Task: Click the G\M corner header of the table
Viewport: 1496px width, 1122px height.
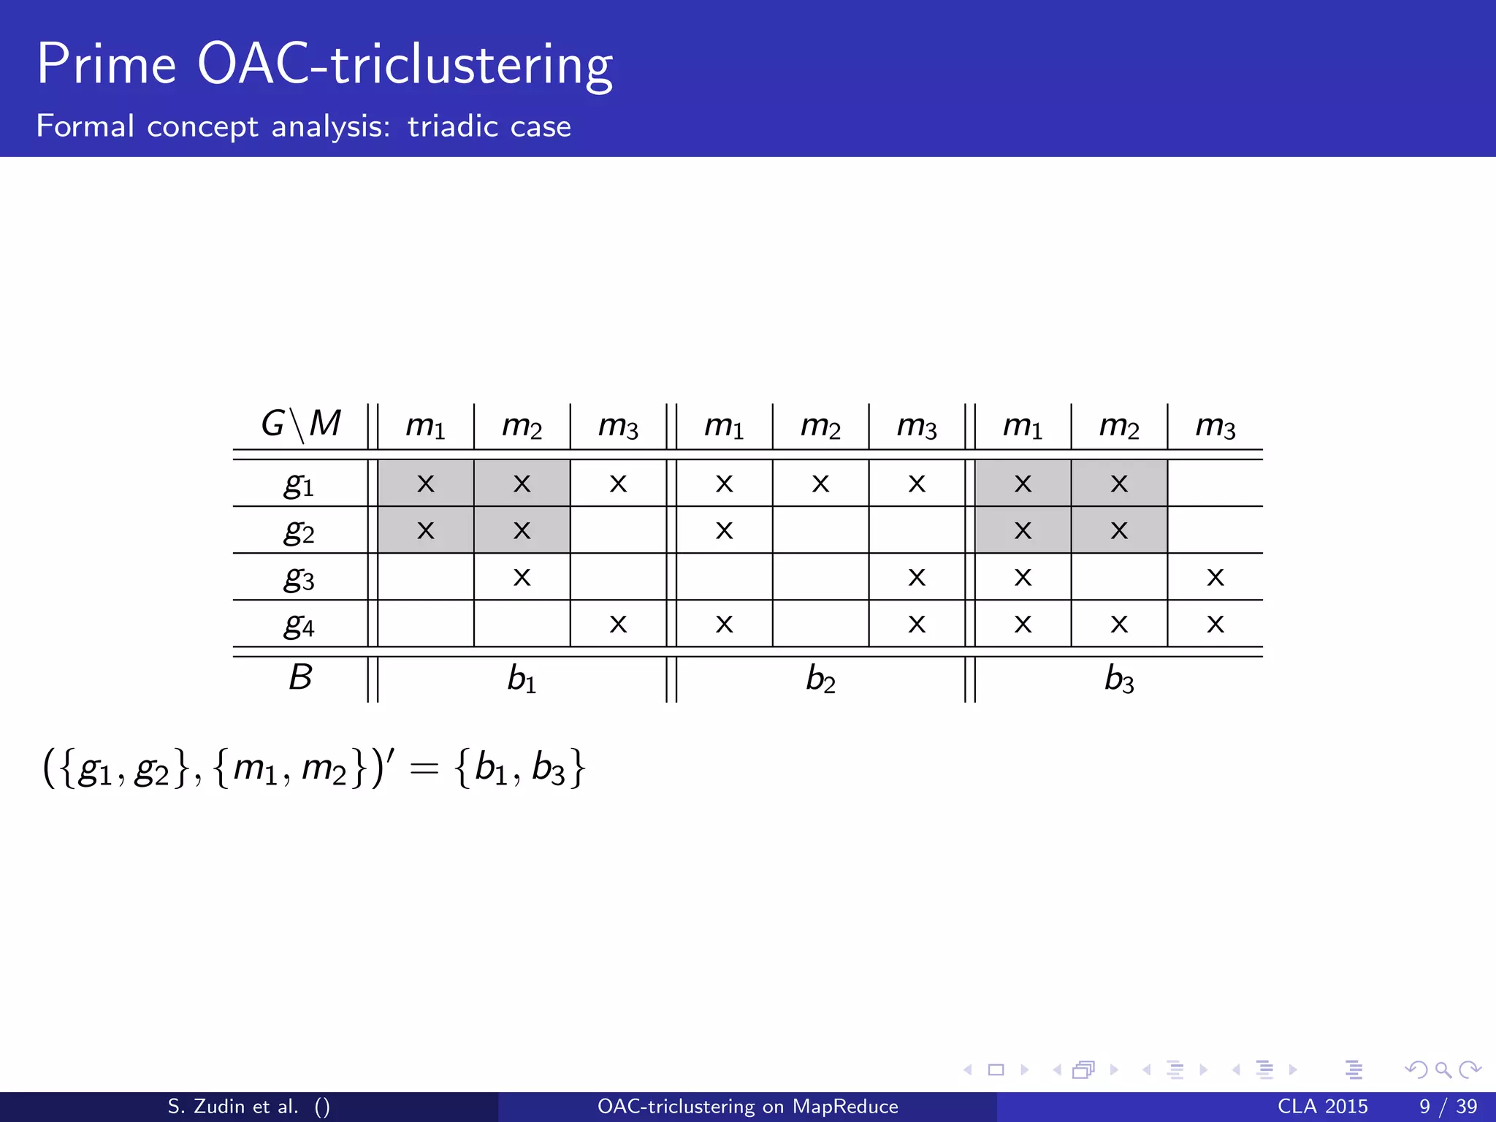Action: click(x=301, y=424)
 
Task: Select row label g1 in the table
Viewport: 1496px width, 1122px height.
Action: click(x=299, y=484)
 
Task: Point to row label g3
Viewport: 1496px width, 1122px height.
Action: click(x=299, y=579)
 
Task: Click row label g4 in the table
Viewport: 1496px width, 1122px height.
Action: click(x=299, y=625)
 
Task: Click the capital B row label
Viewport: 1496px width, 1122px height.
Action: click(x=300, y=677)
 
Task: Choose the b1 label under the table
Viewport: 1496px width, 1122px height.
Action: click(x=522, y=679)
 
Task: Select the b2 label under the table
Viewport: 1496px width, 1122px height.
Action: click(x=820, y=679)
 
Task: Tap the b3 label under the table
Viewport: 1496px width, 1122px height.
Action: click(x=1119, y=679)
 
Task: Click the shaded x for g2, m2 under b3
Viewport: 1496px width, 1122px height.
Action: click(x=1119, y=530)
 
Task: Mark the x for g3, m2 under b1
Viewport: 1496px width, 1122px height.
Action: click(x=522, y=578)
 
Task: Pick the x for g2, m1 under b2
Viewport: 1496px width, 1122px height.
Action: click(x=724, y=530)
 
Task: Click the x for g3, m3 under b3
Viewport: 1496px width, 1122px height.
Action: click(x=1215, y=578)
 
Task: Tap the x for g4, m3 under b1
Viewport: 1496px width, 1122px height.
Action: click(x=618, y=625)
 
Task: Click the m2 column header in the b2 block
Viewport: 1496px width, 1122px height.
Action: click(x=820, y=425)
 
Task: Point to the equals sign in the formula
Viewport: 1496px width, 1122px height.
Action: click(x=424, y=768)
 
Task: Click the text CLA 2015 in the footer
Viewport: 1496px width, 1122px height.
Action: click(x=1322, y=1107)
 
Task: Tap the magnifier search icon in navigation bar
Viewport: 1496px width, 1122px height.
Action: click(x=1443, y=1070)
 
